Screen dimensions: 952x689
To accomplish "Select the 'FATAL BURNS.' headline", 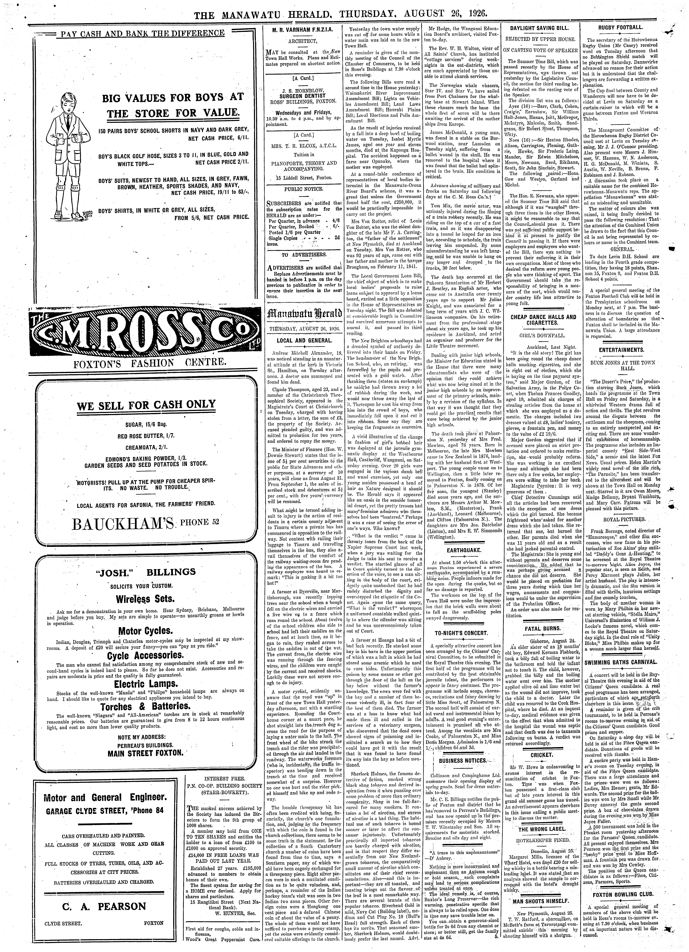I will point(542,628).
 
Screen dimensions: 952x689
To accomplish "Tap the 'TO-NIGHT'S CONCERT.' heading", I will point(461,633).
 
